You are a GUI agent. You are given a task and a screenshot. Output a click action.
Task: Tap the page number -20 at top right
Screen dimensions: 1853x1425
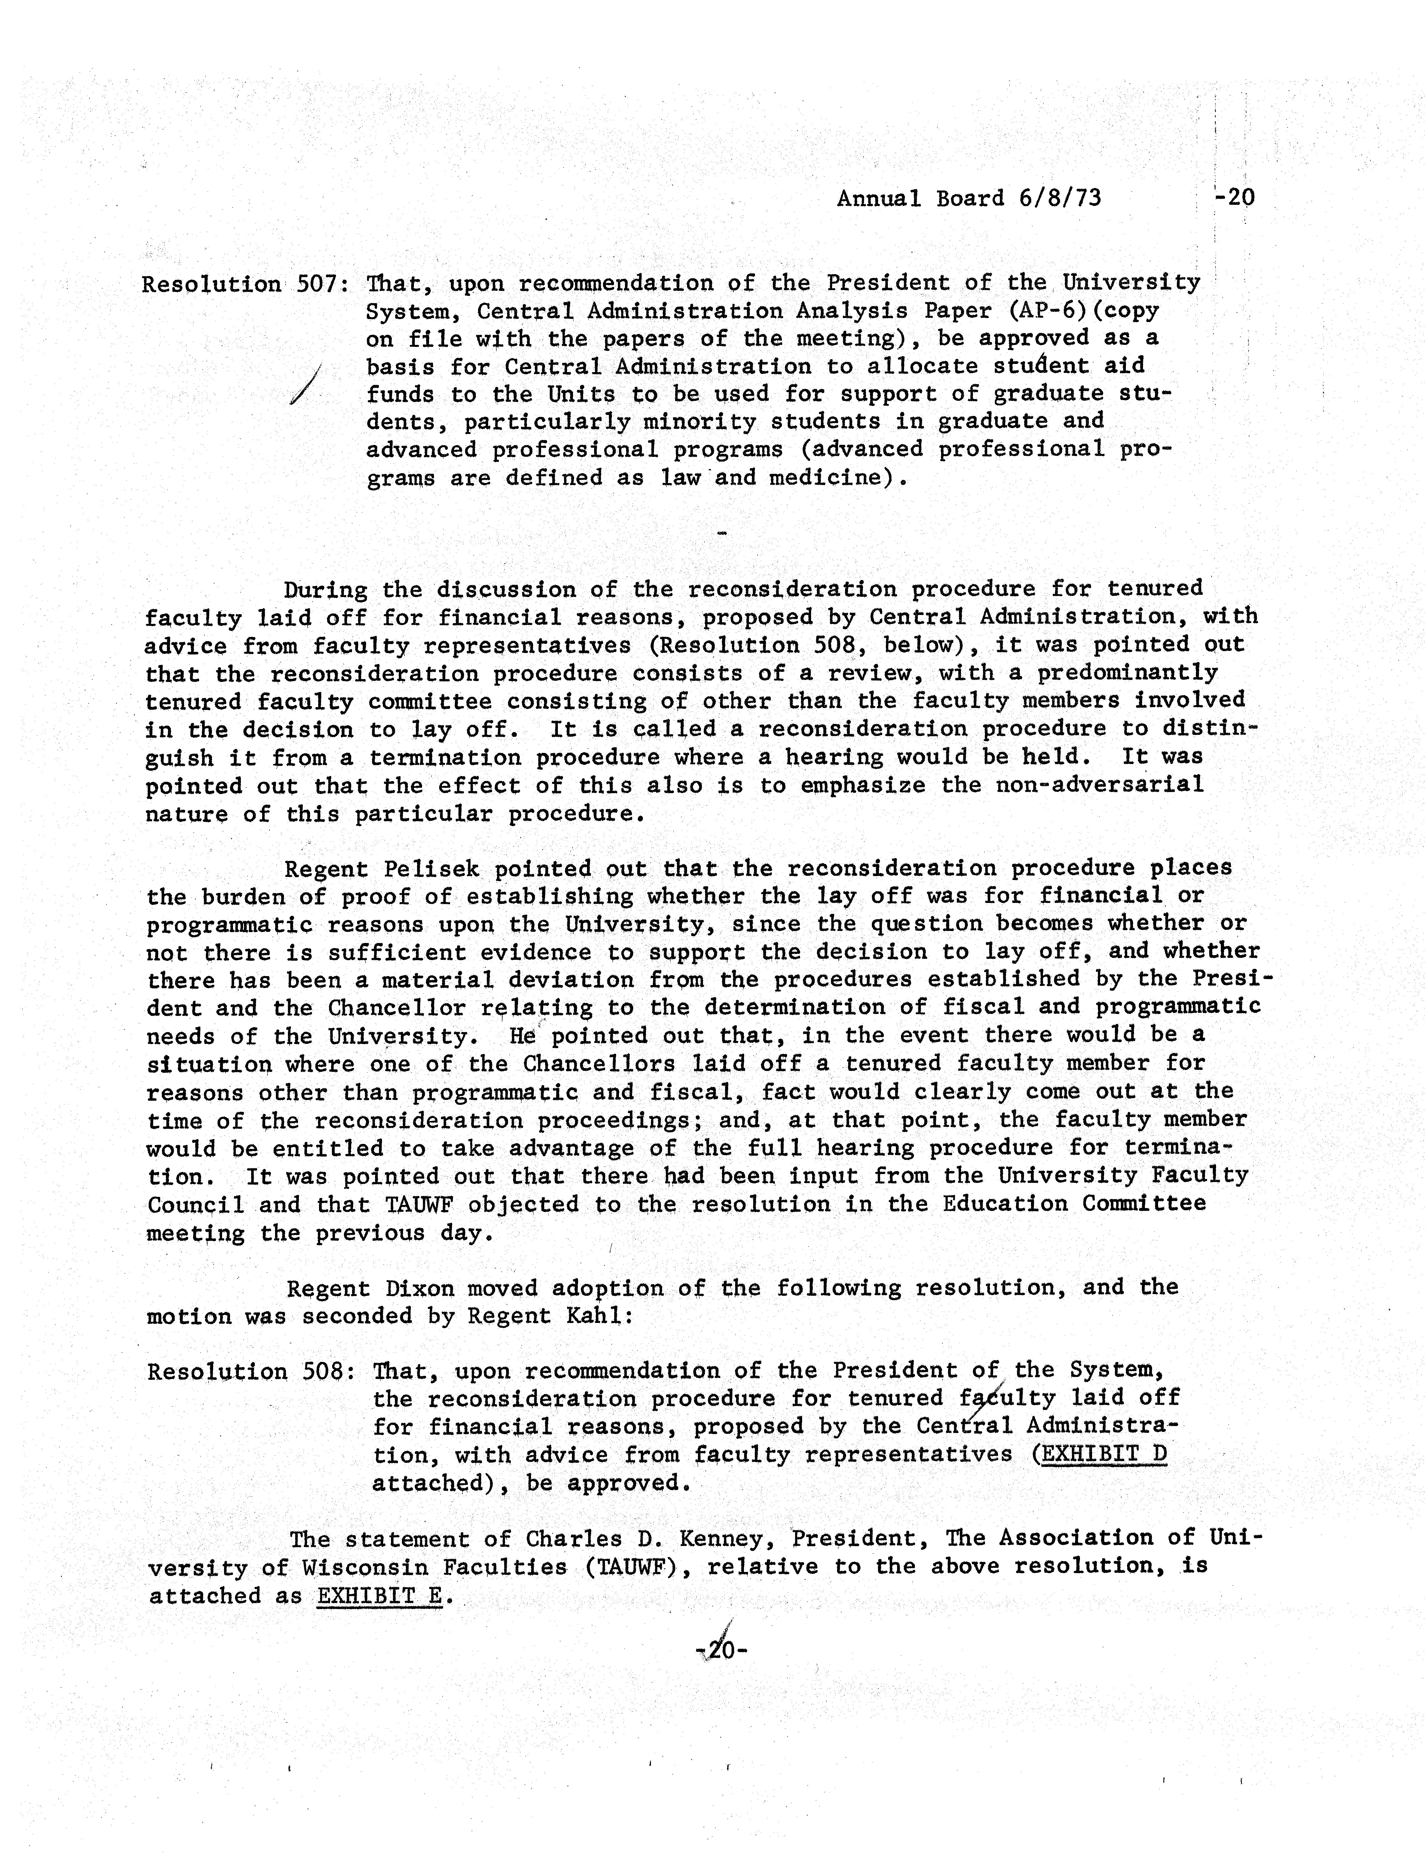1234,199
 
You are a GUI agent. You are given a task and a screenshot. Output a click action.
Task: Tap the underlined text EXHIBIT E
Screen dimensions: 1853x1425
380,1596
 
